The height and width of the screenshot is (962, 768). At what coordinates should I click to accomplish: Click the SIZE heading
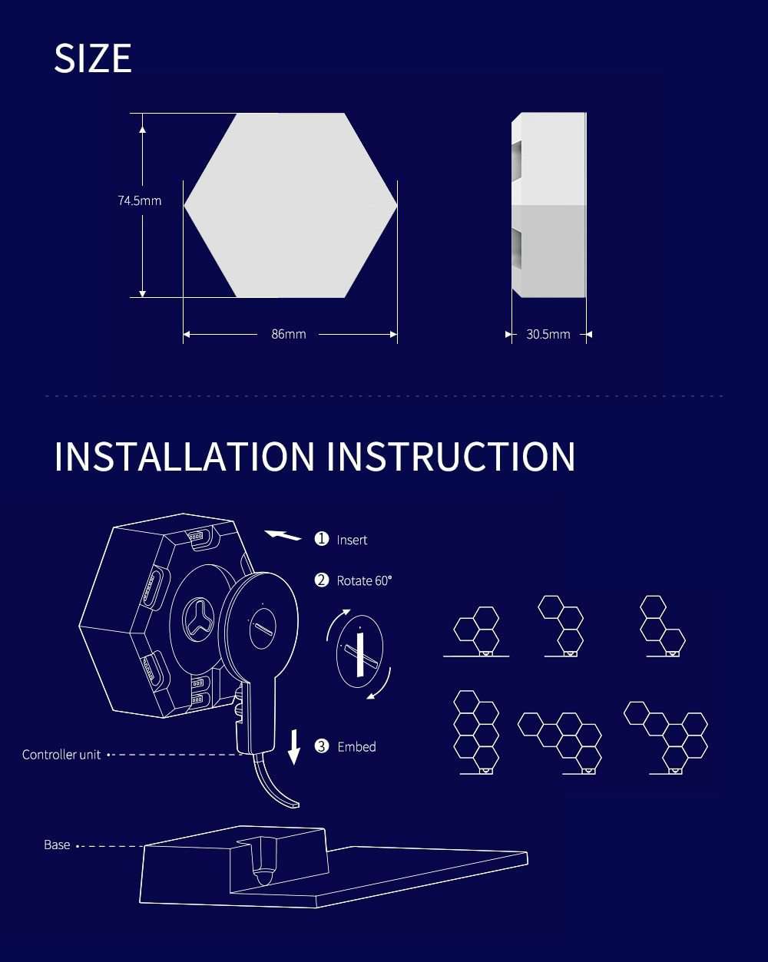93,59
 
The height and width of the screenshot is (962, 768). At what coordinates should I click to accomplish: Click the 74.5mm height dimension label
139,201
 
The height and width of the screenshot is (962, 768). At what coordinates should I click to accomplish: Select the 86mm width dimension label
289,334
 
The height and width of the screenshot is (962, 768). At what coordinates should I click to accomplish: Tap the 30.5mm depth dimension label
548,334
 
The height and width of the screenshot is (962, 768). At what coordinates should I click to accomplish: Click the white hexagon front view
290,205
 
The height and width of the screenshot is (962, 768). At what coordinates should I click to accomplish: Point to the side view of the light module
549,205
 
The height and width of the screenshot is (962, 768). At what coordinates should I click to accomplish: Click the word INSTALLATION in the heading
184,456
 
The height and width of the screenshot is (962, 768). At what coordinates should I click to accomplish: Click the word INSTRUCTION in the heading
451,456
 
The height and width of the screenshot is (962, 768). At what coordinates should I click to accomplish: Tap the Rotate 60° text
364,580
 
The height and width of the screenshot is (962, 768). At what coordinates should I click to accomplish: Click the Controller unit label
61,755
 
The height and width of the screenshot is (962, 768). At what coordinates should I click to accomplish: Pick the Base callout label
57,845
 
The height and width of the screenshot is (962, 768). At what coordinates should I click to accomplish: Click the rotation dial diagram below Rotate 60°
359,652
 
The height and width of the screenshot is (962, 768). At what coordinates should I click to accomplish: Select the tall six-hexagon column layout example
476,731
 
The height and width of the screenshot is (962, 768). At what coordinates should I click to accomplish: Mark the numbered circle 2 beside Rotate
322,580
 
